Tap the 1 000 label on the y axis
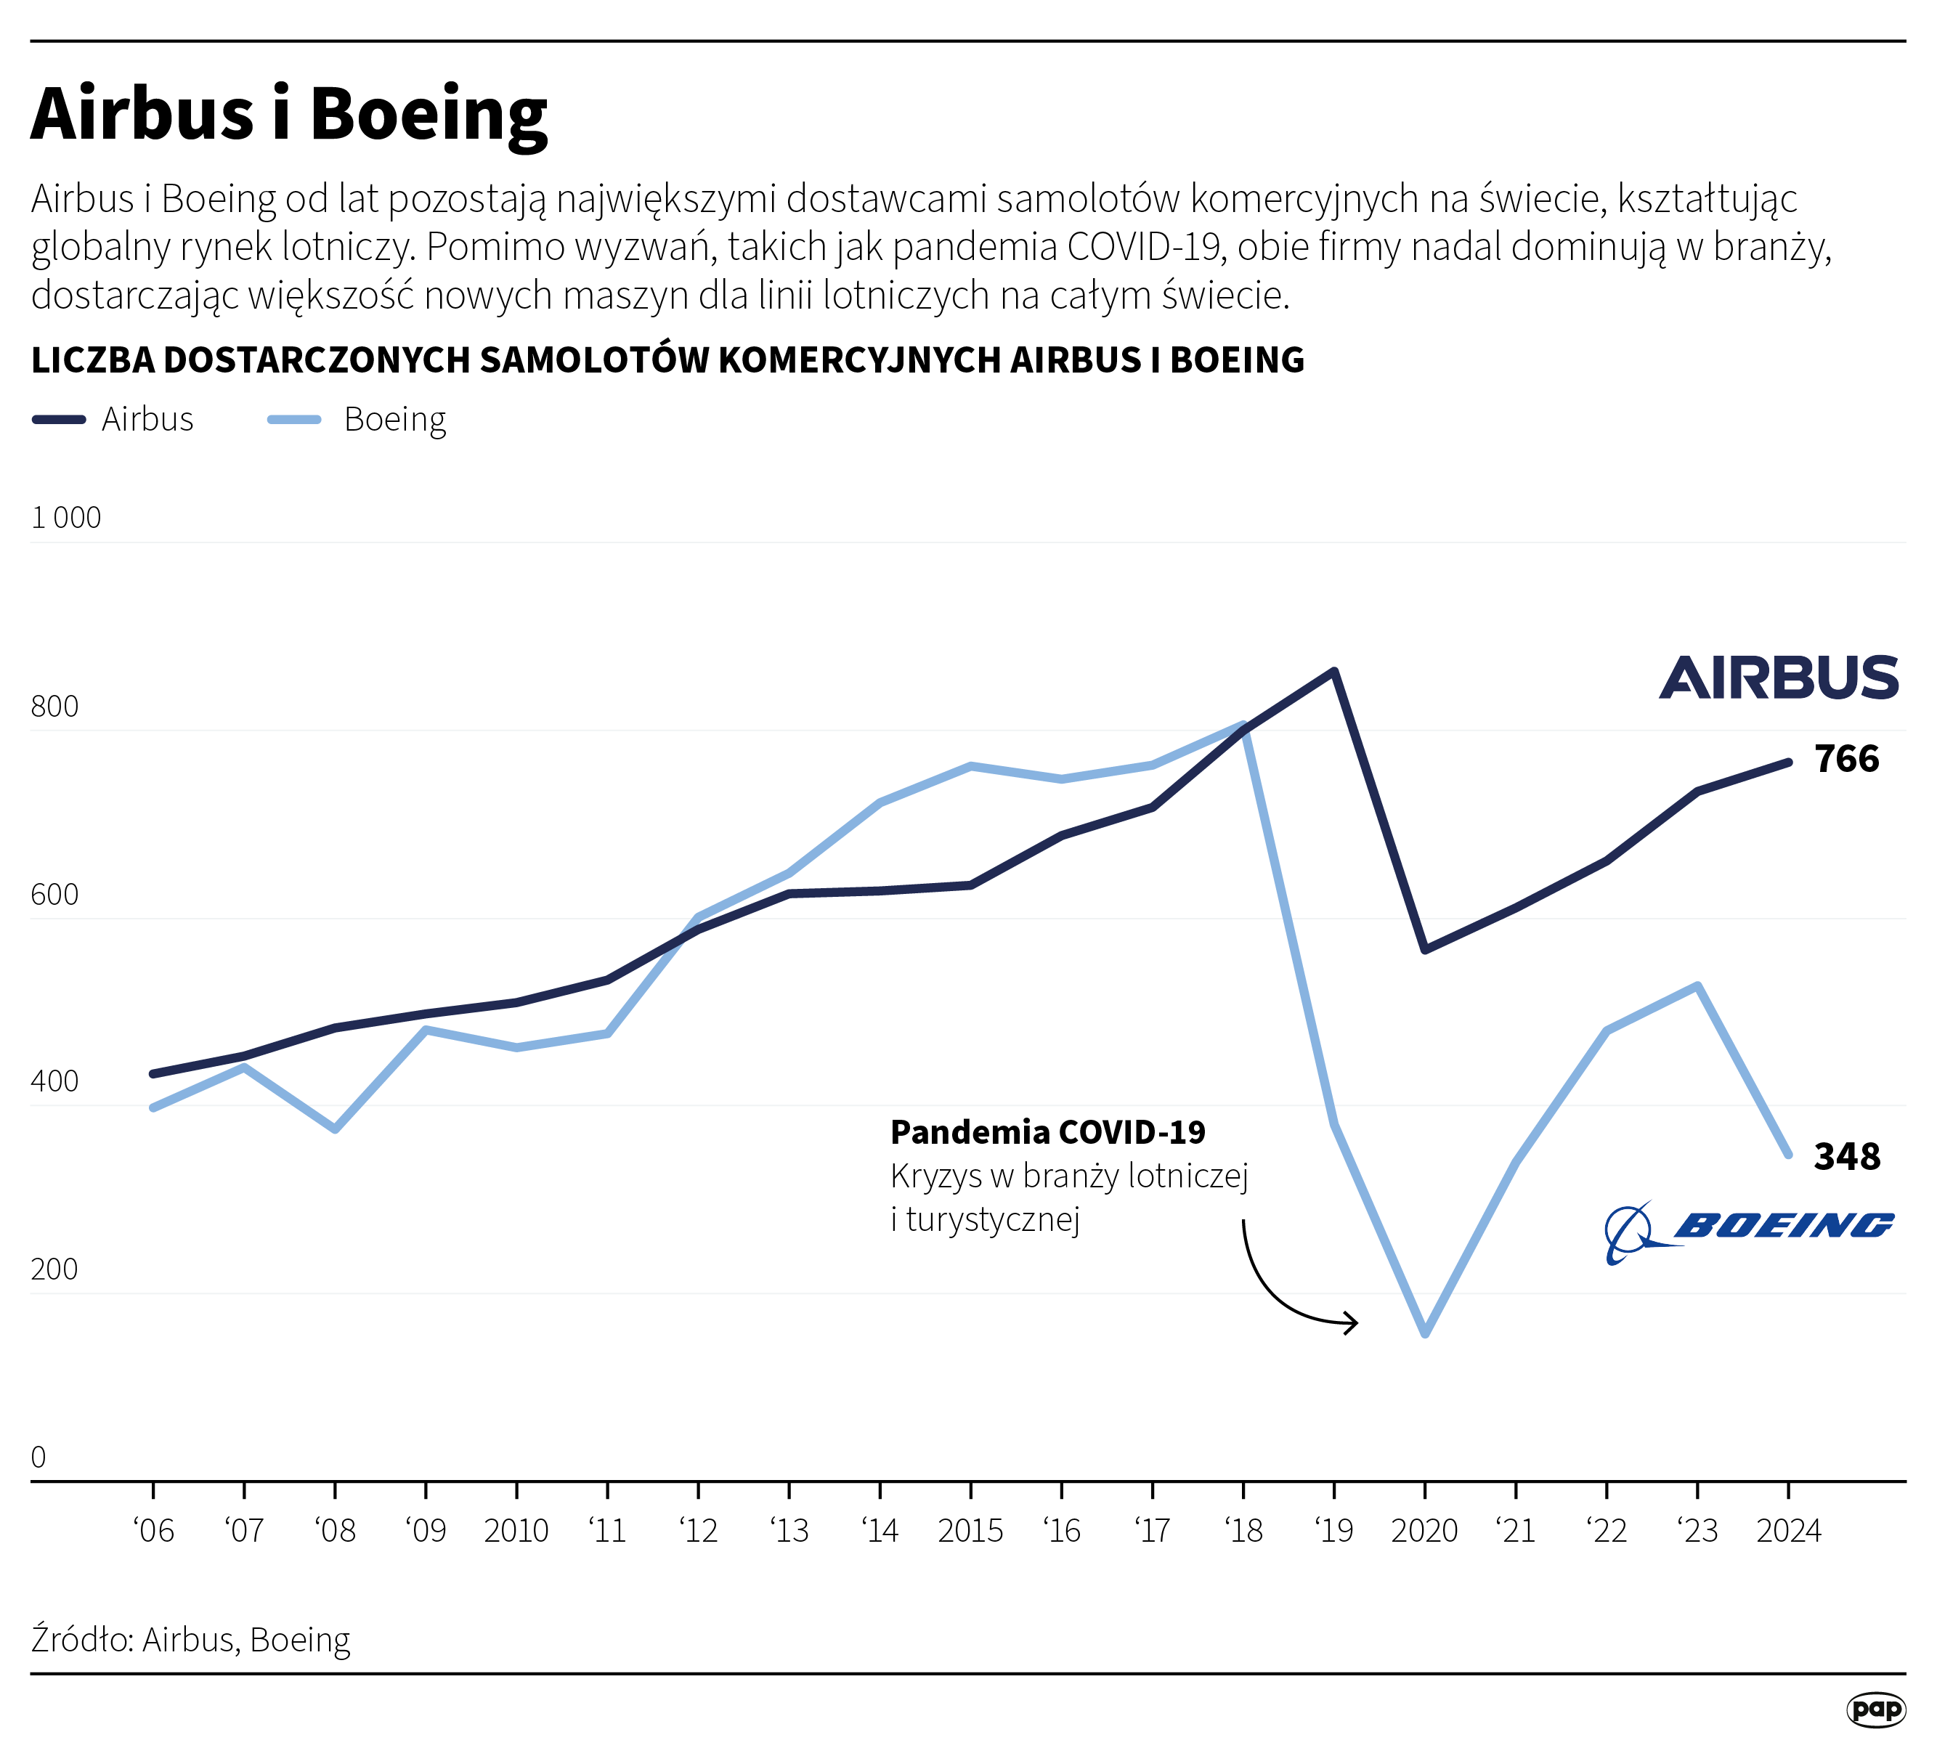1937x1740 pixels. [66, 519]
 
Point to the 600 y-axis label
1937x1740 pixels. [54, 895]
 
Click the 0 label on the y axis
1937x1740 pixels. [38, 1457]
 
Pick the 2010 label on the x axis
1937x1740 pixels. [516, 1531]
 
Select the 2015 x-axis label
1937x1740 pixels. [970, 1531]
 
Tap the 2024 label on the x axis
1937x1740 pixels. [1789, 1531]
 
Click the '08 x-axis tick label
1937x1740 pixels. [335, 1531]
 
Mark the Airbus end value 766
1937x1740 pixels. [1847, 759]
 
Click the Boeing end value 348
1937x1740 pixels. [1847, 1157]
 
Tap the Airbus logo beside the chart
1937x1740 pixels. [1778, 678]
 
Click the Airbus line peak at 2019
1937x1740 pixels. [1335, 671]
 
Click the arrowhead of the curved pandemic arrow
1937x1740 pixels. [1352, 1323]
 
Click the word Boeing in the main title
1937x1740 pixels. [429, 115]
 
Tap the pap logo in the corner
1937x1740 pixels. [1876, 1709]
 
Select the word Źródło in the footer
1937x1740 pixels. [81, 1640]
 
